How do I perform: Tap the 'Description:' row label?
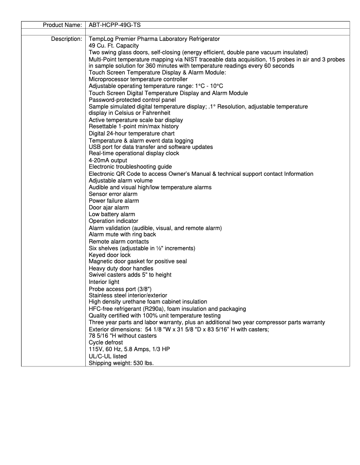tap(66, 39)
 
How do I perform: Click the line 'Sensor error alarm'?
tap(113, 194)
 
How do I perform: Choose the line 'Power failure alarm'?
tap(114, 201)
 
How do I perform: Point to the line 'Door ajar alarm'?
tap(109, 208)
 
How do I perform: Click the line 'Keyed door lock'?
tap(110, 255)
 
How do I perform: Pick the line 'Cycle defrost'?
tap(105, 343)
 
